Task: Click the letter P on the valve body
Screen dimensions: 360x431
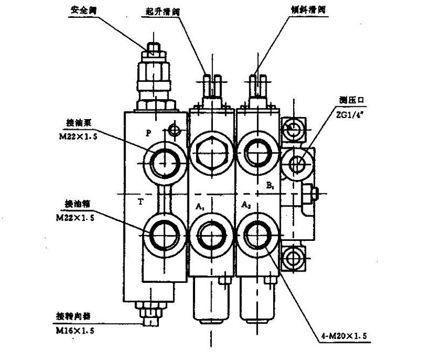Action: pos(149,132)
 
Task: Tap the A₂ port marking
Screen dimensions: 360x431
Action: pos(246,205)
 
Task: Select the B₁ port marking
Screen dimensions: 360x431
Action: pos(269,186)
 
